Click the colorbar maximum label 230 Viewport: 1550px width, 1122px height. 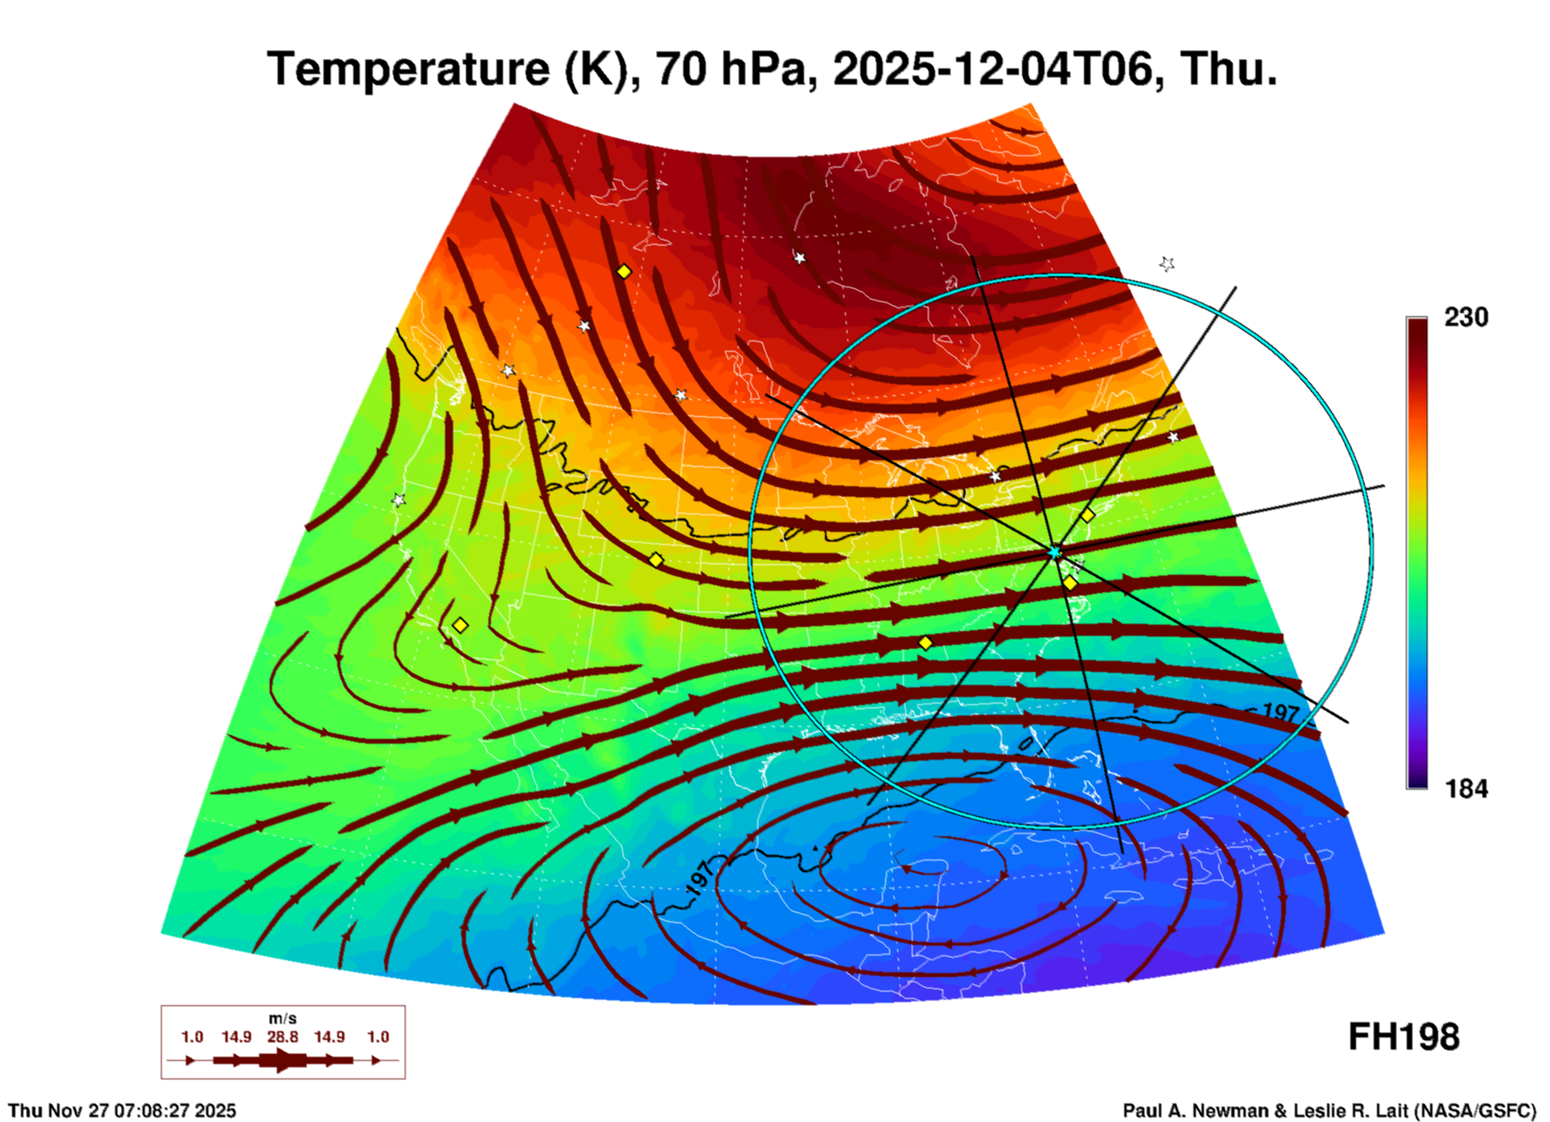(x=1465, y=317)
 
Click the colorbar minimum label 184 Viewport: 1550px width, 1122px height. (x=1466, y=789)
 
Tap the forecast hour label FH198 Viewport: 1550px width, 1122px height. (x=1404, y=1037)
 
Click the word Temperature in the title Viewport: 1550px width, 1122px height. (x=407, y=69)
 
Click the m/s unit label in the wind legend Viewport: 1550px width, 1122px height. (x=282, y=1019)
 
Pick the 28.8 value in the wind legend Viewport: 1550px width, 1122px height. (x=282, y=1037)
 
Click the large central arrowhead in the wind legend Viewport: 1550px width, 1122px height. (x=282, y=1060)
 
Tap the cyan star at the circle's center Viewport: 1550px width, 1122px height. (x=1054, y=551)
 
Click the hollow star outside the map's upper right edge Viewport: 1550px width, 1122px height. (x=1167, y=264)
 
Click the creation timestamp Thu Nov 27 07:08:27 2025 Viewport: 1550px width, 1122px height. (x=122, y=1111)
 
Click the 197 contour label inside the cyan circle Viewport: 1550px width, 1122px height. (x=1281, y=713)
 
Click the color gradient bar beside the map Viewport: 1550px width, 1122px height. (x=1417, y=553)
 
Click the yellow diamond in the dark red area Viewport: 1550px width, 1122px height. (x=624, y=272)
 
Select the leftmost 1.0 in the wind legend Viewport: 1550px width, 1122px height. (x=192, y=1037)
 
